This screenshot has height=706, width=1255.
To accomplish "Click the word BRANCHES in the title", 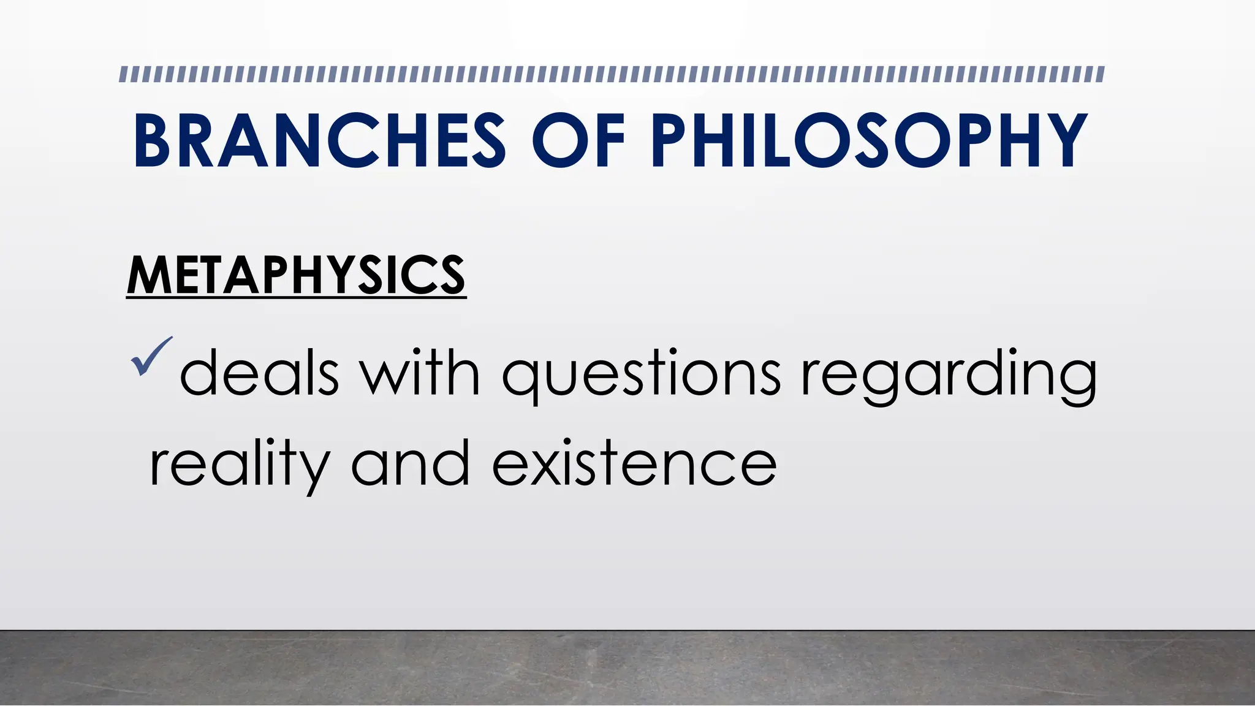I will coord(319,141).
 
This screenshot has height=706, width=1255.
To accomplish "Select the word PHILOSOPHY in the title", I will coord(869,141).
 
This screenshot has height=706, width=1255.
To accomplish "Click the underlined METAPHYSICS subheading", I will coord(296,276).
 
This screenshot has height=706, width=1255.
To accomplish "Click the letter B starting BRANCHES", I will coord(151,141).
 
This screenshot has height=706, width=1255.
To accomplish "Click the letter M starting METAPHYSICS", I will coord(147,276).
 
